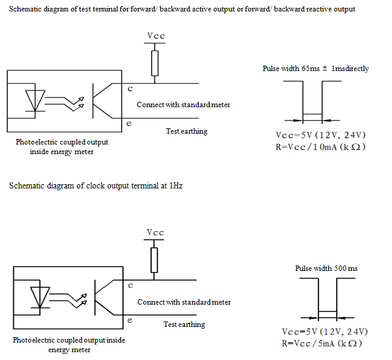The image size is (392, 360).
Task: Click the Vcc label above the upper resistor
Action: [156, 36]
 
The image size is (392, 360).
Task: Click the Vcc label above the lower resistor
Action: [155, 232]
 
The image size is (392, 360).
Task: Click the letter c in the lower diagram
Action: [131, 285]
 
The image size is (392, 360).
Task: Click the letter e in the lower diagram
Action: [130, 320]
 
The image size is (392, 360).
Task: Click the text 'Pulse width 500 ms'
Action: [326, 268]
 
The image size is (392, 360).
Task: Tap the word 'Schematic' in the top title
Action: [28, 10]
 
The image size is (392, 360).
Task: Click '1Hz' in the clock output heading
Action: [175, 186]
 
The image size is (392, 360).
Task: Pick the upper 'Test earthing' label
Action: [187, 131]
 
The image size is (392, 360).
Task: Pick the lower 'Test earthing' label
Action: [184, 324]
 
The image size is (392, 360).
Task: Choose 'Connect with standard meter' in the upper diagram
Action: [184, 105]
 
